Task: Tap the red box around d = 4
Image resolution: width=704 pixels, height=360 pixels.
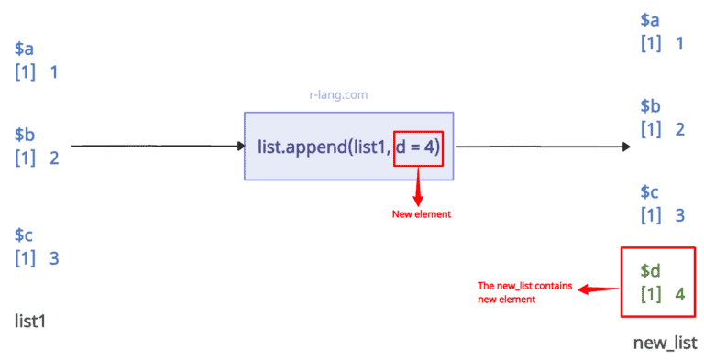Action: coord(418,146)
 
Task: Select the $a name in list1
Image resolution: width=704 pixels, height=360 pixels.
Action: coord(25,49)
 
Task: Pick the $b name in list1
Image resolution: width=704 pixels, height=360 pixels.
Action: coord(25,135)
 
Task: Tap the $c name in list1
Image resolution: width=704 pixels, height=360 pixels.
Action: coord(25,236)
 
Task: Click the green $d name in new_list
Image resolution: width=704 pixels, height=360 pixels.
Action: coord(650,272)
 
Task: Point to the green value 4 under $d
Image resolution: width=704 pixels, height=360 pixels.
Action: coord(679,295)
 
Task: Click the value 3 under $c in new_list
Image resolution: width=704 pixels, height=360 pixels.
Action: coord(679,215)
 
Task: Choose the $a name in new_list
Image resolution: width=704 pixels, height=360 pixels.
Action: coord(650,20)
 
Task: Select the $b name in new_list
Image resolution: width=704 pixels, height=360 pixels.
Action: coord(650,106)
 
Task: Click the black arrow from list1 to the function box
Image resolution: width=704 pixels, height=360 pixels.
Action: coord(156,146)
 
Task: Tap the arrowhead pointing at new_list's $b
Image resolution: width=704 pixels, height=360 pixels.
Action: coord(625,147)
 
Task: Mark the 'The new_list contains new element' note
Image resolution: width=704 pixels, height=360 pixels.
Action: coord(524,292)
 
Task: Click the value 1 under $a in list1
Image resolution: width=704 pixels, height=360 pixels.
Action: coord(54,72)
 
